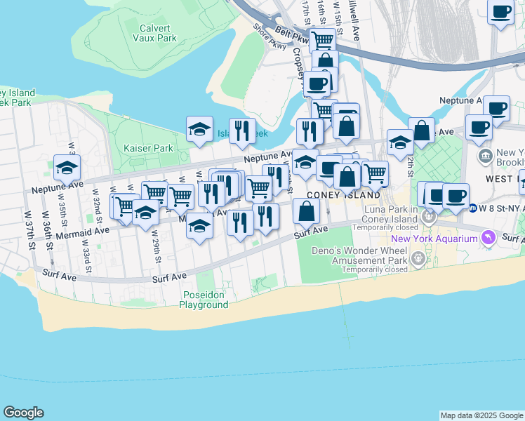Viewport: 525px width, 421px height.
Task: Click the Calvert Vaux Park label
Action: click(x=158, y=33)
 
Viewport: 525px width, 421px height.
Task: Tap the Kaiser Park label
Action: click(x=148, y=149)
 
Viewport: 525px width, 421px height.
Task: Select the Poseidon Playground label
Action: click(x=204, y=300)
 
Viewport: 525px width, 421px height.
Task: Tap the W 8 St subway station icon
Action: click(x=474, y=208)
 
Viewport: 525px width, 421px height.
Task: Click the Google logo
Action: click(x=23, y=413)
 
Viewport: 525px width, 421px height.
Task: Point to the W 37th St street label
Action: click(x=29, y=230)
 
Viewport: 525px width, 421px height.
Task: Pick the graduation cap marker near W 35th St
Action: click(x=67, y=168)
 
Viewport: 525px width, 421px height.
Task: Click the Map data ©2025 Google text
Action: click(x=481, y=415)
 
